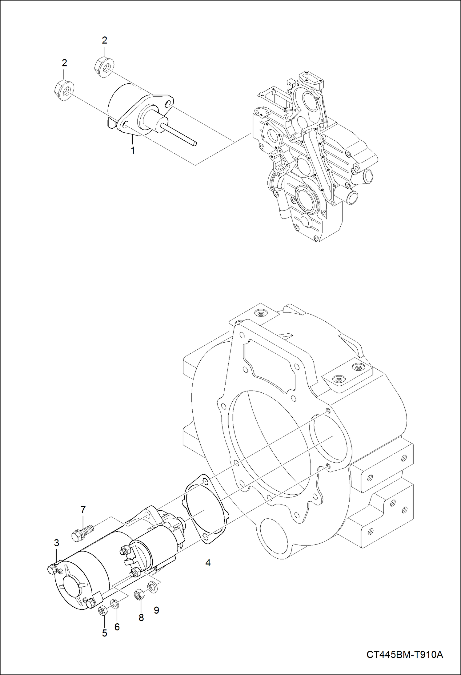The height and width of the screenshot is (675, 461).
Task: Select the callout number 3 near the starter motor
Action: [x=57, y=543]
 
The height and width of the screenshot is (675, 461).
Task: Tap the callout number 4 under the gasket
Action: [x=208, y=563]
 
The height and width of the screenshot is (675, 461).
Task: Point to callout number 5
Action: [x=104, y=633]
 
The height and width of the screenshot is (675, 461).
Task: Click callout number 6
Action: [x=117, y=627]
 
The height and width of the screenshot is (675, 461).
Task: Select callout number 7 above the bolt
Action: [x=83, y=510]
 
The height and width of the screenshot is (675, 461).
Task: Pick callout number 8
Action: [x=141, y=617]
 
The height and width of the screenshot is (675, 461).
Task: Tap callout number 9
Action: [x=156, y=610]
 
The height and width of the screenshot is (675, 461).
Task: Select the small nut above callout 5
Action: [x=102, y=610]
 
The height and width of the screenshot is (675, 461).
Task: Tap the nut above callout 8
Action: [x=138, y=595]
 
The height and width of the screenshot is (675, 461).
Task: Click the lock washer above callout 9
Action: [x=153, y=587]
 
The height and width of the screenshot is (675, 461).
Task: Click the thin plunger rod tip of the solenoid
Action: [x=194, y=143]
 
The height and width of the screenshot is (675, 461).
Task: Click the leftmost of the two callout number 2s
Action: [x=64, y=63]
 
